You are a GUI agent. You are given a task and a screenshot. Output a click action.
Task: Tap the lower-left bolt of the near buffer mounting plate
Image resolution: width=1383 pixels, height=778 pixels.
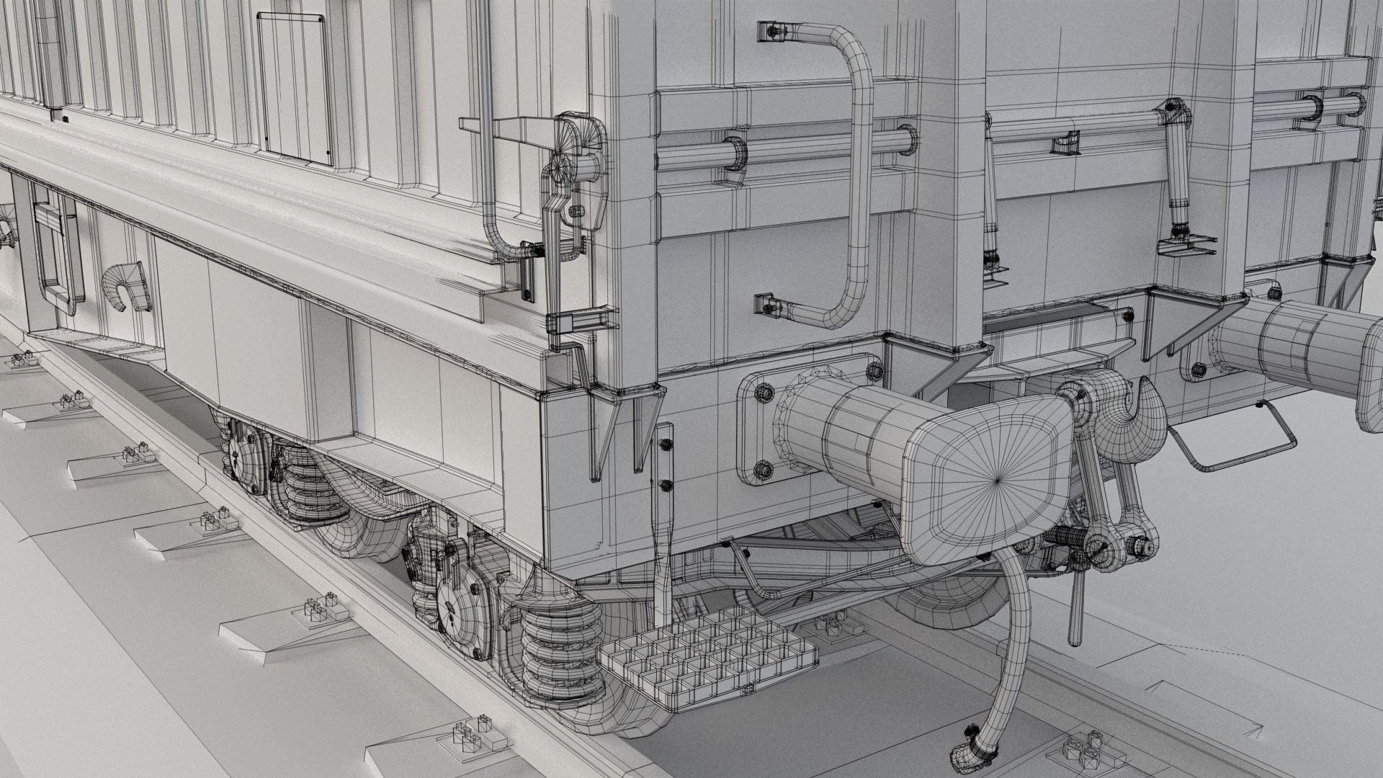point(764,471)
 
